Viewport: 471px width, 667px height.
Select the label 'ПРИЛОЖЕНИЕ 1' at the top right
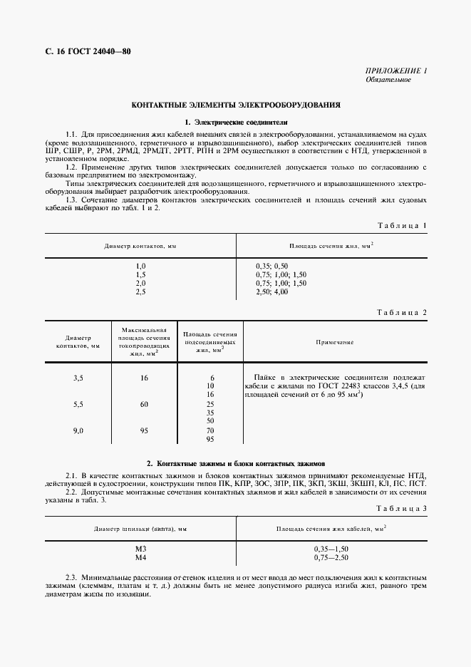click(x=395, y=71)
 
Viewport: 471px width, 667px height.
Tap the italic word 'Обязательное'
click(x=388, y=79)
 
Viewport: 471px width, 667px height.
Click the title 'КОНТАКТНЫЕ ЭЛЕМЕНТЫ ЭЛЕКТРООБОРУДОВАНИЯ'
click(x=236, y=105)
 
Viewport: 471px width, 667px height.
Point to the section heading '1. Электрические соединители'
click(x=236, y=122)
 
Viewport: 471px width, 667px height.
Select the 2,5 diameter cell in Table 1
click(x=140, y=292)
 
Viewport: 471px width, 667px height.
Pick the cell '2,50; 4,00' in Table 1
click(x=272, y=292)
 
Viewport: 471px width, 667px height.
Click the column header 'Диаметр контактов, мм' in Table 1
click(x=140, y=246)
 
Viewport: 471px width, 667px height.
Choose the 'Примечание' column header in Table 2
click(x=335, y=342)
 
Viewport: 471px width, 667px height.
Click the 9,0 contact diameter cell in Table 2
click(x=78, y=430)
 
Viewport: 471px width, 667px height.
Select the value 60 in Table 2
click(x=144, y=404)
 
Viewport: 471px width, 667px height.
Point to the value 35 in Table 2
click(x=210, y=413)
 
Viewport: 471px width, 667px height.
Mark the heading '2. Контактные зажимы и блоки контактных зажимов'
click(x=236, y=462)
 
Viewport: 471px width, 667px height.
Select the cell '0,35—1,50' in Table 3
click(x=331, y=548)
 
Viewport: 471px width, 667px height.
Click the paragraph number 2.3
click(x=71, y=576)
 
